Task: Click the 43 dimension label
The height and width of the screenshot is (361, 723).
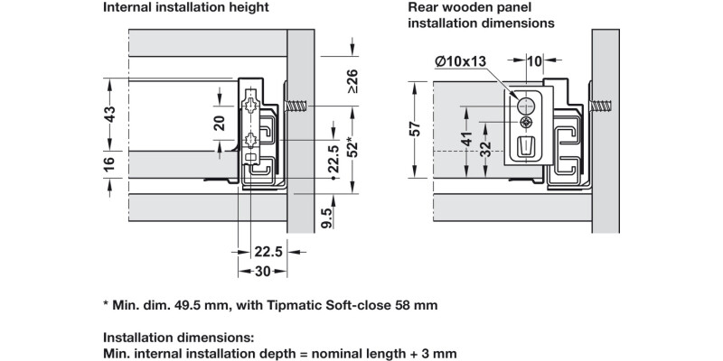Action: (110, 116)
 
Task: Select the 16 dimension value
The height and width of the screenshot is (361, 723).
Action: (110, 164)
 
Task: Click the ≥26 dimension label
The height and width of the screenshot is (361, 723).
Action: (352, 83)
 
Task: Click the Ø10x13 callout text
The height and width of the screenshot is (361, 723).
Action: (458, 60)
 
